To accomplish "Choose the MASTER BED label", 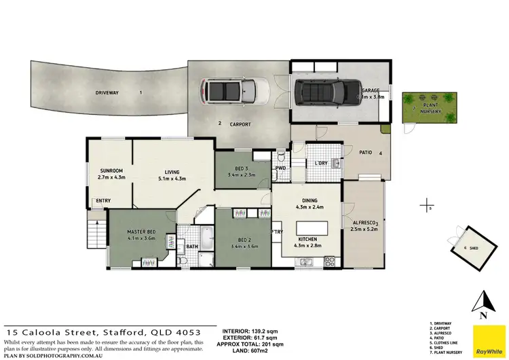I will tap(143, 232).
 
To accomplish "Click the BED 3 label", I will tap(242, 168).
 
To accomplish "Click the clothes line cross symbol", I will tap(426, 203).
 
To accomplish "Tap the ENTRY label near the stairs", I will tap(103, 200).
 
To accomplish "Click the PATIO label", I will tap(366, 154).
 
